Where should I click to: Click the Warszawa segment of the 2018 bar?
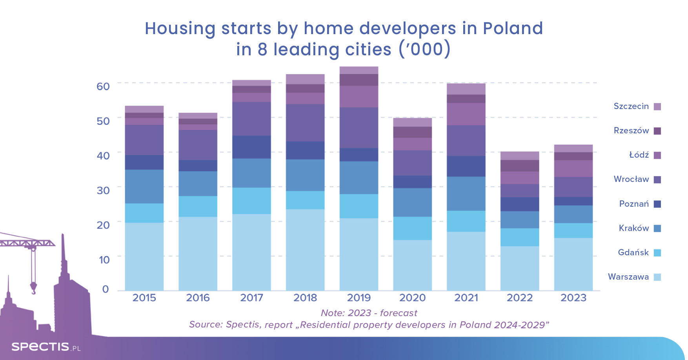[x=305, y=250]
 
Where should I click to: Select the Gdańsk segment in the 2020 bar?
[x=412, y=228]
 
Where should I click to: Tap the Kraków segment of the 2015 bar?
[x=144, y=186]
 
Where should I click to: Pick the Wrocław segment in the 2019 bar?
[x=359, y=128]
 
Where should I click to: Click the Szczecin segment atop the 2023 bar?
[x=573, y=148]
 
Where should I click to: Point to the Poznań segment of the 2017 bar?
[x=251, y=147]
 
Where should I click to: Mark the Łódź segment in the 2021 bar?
[x=466, y=114]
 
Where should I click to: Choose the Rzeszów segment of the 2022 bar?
[x=520, y=166]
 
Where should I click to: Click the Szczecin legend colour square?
[x=657, y=107]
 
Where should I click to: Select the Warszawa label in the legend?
[x=628, y=277]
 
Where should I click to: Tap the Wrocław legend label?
[x=631, y=179]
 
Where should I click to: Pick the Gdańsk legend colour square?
[x=657, y=253]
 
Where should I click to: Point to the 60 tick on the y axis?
[x=103, y=86]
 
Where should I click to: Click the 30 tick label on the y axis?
[x=103, y=190]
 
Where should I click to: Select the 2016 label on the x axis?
[x=198, y=298]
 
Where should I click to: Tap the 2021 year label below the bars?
[x=466, y=298]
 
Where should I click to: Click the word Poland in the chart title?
[x=513, y=28]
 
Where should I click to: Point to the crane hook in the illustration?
[x=33, y=289]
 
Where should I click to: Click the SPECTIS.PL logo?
[x=46, y=347]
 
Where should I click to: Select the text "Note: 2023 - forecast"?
[x=369, y=313]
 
